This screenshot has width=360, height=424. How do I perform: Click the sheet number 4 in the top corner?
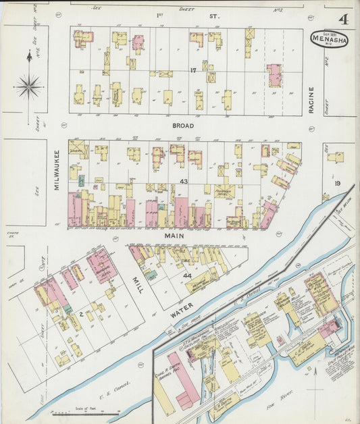click(x=343, y=20)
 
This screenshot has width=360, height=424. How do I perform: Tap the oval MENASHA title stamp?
click(x=330, y=38)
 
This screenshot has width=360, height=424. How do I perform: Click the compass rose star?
click(x=29, y=86)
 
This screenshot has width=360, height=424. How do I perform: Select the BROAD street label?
click(x=183, y=126)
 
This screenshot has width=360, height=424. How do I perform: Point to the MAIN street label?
click(x=174, y=236)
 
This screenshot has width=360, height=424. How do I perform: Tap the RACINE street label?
click(x=312, y=100)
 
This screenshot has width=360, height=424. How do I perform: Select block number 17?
click(x=192, y=70)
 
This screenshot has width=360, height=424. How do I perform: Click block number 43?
click(x=184, y=181)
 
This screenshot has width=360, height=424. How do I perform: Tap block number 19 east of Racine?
click(x=336, y=183)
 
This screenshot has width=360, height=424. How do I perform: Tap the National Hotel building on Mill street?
click(x=102, y=265)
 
